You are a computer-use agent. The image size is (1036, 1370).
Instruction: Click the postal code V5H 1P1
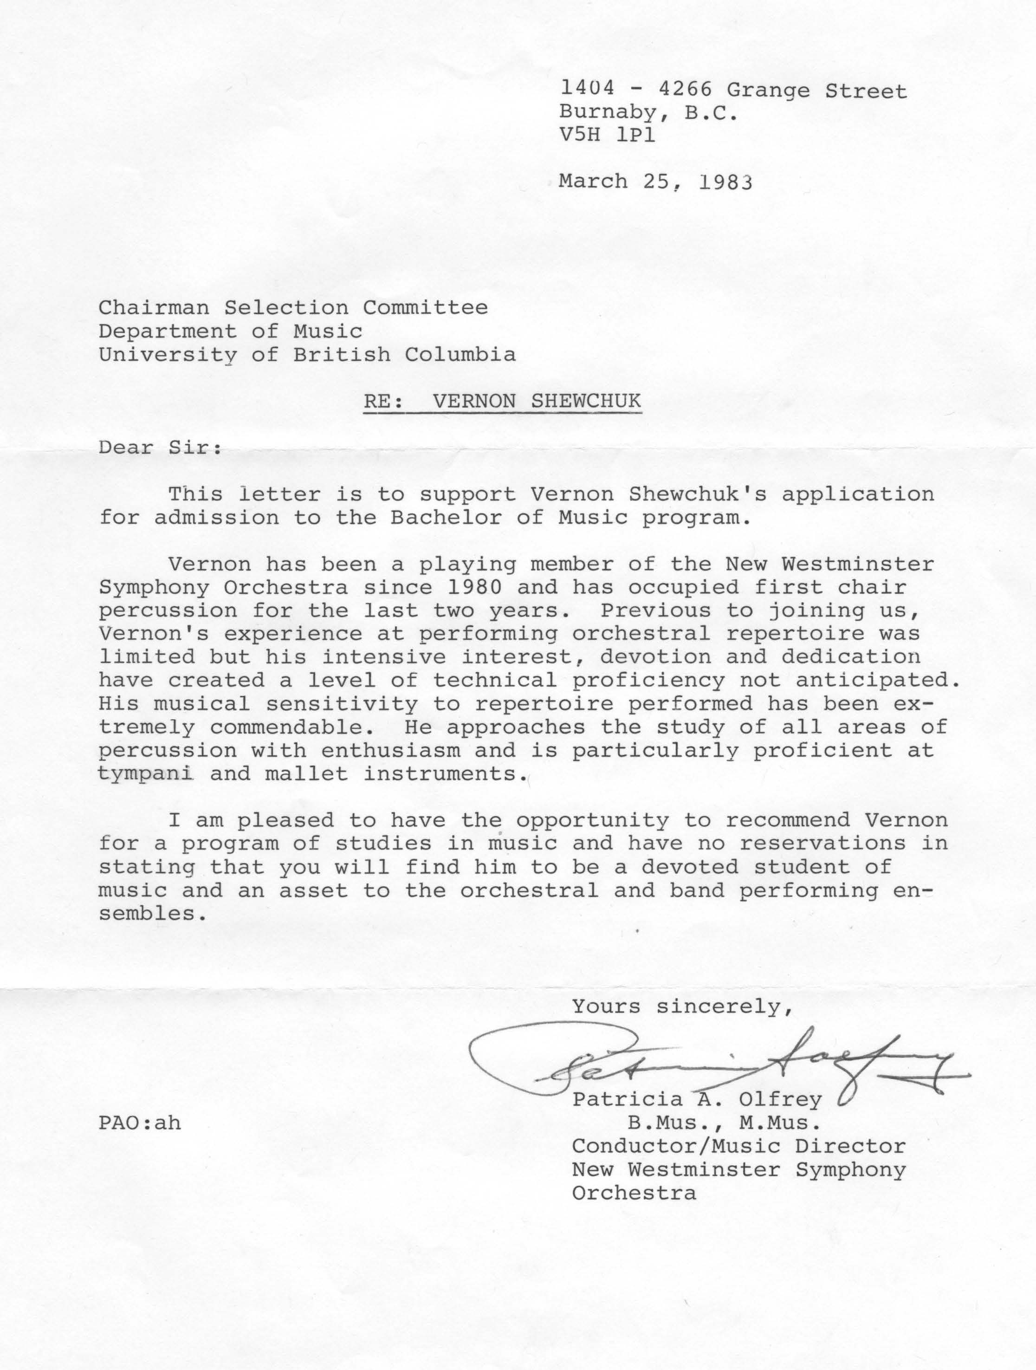point(607,136)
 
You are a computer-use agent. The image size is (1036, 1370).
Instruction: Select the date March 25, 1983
point(655,182)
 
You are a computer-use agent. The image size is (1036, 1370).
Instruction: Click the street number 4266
point(684,91)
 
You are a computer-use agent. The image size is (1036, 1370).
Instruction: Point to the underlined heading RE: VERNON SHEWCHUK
point(502,402)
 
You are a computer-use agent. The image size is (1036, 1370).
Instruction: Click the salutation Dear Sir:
point(160,448)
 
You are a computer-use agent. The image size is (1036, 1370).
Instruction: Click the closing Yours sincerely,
point(682,1007)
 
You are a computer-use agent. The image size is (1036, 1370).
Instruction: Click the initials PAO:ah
point(140,1123)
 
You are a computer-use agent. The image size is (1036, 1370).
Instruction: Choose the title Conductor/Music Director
point(738,1146)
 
